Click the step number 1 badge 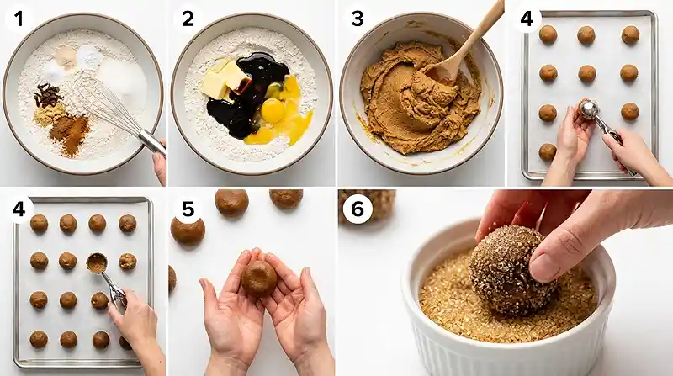tap(19, 19)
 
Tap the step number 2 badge tap(188, 19)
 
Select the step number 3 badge tap(357, 19)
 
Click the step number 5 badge tap(188, 209)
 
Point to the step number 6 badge tap(357, 209)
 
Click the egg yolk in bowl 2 tap(273, 111)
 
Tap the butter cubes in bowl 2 tap(222, 80)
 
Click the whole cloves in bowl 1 tap(48, 95)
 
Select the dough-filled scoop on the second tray tap(97, 262)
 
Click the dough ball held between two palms tap(259, 279)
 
